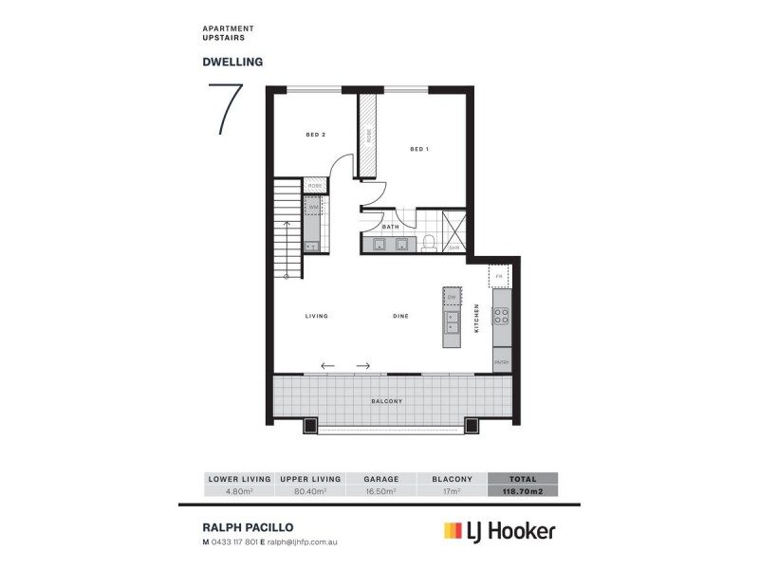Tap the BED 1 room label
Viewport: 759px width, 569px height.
click(x=420, y=149)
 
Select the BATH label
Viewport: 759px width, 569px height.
click(x=390, y=228)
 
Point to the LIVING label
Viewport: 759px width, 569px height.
click(x=316, y=316)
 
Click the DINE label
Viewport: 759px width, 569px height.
click(x=401, y=316)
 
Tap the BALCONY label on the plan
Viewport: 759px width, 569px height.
click(x=388, y=402)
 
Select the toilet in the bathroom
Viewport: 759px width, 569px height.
click(x=429, y=243)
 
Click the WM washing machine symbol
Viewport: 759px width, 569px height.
click(x=313, y=207)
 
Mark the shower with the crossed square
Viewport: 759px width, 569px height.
click(x=454, y=230)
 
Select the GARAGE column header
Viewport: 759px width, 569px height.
click(x=381, y=480)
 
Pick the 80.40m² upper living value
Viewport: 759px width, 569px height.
click(x=309, y=492)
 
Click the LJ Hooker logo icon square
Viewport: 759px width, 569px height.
click(x=452, y=531)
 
